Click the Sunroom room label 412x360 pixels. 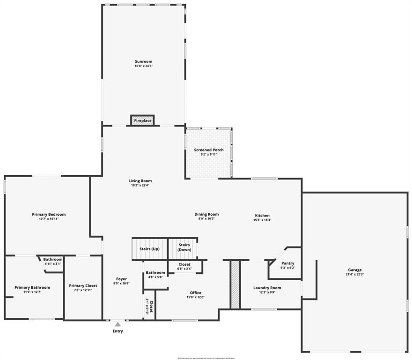point(143,61)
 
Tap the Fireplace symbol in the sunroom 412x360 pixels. point(142,120)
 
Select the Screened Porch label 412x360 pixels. point(209,150)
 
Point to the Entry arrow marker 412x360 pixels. point(118,324)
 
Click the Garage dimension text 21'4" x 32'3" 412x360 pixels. point(354,274)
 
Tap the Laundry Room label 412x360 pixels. point(267,288)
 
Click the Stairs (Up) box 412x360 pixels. point(149,249)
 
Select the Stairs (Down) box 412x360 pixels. point(184,247)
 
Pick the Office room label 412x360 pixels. point(195,292)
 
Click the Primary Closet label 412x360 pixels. point(83,285)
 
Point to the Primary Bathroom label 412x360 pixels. point(32,287)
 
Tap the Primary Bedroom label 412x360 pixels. point(49,214)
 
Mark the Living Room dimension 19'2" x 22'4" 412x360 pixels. point(140,185)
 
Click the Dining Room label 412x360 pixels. point(206,214)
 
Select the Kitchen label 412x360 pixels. point(262,216)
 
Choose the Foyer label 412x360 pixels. point(121,279)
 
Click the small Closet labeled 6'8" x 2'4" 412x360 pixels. point(185,266)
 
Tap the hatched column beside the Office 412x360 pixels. point(235,285)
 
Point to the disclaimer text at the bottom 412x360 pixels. point(206,358)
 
